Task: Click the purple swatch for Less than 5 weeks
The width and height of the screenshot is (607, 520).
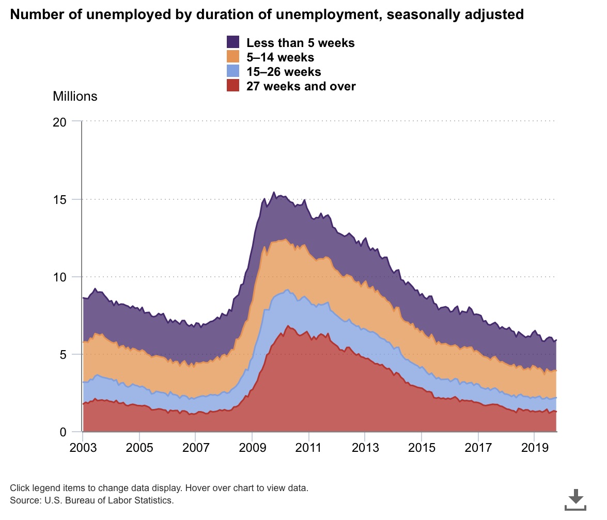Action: click(x=233, y=42)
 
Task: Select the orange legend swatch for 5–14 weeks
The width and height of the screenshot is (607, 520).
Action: click(x=233, y=57)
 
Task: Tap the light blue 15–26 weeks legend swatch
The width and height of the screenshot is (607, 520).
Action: click(x=233, y=71)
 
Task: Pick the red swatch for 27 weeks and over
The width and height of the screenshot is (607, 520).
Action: click(x=233, y=86)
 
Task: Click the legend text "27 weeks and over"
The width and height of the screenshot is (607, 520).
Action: click(x=301, y=86)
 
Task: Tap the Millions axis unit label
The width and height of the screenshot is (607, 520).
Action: click(x=75, y=96)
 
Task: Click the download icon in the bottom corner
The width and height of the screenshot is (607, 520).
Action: click(x=575, y=499)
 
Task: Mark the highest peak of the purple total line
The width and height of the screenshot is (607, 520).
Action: click(x=274, y=192)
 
